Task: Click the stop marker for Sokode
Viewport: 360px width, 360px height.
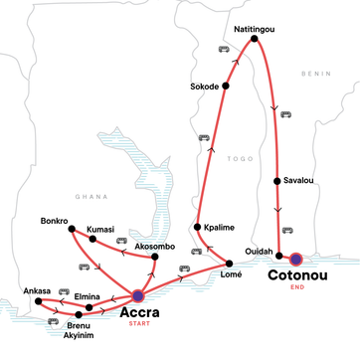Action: click(226, 86)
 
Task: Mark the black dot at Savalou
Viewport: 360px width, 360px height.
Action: click(275, 181)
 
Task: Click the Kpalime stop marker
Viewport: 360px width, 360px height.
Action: click(198, 228)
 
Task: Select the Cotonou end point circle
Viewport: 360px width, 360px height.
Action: click(295, 261)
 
